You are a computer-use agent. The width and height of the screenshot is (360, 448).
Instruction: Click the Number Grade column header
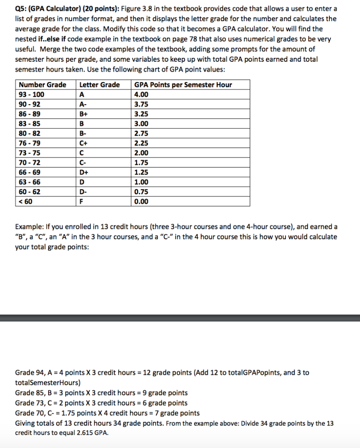(42, 85)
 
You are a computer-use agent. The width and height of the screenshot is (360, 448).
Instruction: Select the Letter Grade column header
(99, 85)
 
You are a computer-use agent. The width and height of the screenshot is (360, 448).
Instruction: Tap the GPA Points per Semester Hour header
(183, 85)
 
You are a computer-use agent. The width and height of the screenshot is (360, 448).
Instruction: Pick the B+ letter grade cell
(83, 114)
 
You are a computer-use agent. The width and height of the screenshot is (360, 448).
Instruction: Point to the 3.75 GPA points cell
(141, 104)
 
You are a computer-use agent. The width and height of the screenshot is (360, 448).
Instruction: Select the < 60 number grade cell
(26, 202)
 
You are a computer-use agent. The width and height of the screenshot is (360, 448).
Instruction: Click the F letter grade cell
(81, 202)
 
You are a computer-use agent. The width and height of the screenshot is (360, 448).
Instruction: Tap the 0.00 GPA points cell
(141, 202)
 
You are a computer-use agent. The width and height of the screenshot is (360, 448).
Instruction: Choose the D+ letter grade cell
(83, 172)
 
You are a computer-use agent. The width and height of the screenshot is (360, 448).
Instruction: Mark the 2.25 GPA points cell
(141, 143)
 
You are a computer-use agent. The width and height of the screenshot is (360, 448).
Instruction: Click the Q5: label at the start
(22, 9)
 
